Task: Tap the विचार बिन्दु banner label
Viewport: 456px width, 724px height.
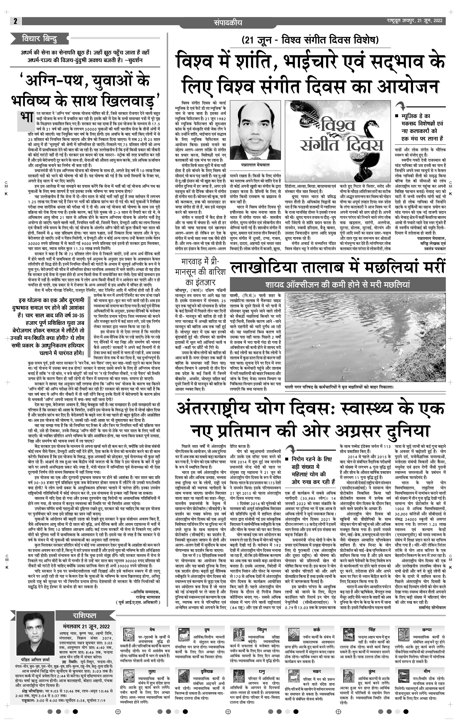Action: pyautogui.click(x=39, y=39)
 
